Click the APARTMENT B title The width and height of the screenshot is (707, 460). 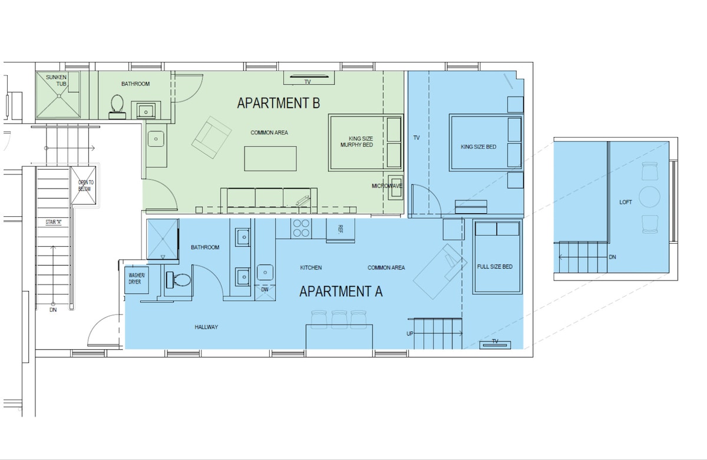[278, 103]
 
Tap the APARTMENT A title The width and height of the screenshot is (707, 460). [341, 292]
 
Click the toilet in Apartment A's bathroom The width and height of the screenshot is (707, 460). [179, 280]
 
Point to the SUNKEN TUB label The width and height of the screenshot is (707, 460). [57, 81]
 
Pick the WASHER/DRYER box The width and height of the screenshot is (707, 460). [137, 280]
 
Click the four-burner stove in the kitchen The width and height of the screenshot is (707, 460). [301, 228]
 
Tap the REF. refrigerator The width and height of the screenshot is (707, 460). [341, 229]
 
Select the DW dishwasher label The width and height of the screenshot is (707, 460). [265, 289]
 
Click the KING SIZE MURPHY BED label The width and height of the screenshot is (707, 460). [357, 142]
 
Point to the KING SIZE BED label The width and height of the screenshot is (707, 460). [478, 147]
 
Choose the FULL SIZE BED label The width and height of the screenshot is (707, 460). [494, 267]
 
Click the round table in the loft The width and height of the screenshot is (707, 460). [649, 197]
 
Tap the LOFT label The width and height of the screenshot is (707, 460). [626, 202]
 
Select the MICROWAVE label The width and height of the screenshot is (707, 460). [386, 186]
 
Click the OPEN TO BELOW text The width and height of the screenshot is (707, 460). [85, 186]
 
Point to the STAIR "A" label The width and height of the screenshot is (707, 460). [54, 222]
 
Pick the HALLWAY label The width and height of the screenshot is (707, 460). [206, 327]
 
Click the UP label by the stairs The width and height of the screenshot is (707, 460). [410, 333]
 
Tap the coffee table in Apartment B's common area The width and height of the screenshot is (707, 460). [270, 158]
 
